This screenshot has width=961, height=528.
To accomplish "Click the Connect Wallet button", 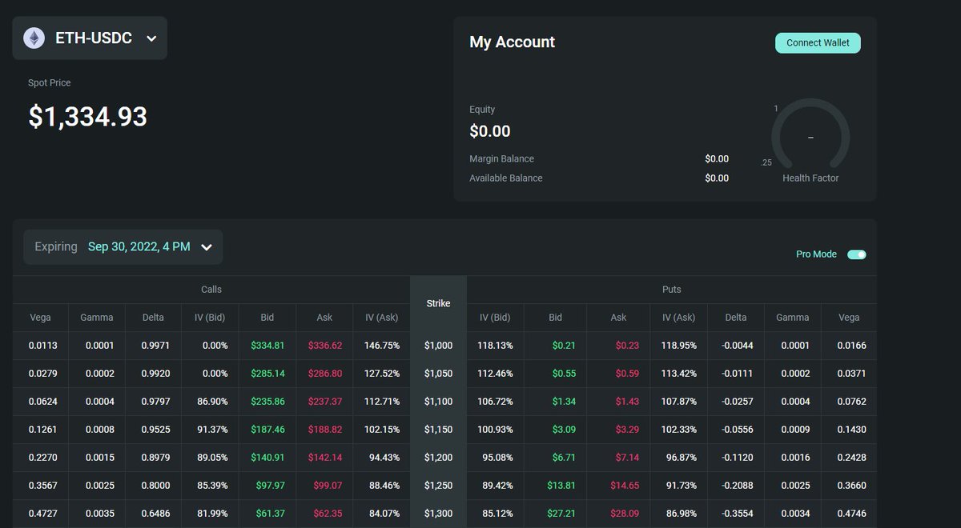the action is [818, 43].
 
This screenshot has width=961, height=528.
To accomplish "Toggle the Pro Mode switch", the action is [857, 254].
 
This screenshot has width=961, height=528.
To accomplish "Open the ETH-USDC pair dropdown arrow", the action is [151, 38].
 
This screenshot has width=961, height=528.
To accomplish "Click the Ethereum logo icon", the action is [34, 38].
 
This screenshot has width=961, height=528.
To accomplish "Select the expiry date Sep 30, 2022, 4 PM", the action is [139, 246].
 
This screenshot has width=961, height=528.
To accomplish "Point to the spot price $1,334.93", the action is [87, 116].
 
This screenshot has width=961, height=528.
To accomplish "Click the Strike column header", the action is [438, 303].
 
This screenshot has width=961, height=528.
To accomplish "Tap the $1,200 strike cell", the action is [438, 458].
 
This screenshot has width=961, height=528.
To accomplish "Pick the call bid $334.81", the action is [267, 346].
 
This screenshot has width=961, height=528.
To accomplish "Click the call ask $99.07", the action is [328, 486].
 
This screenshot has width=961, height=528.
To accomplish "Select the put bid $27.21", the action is [561, 514].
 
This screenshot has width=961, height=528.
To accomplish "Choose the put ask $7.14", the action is [627, 458].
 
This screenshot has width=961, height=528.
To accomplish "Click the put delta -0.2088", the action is [737, 486].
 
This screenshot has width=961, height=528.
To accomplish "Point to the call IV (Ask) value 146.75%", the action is [381, 346].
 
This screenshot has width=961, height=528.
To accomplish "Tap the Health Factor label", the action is [810, 178].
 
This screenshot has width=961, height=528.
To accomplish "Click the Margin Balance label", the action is [501, 158].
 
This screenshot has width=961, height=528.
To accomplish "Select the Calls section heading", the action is [211, 290].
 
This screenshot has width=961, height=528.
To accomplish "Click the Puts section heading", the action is [671, 290].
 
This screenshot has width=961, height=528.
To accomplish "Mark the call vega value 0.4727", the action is [42, 514].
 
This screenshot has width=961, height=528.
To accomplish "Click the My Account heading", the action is [512, 42].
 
